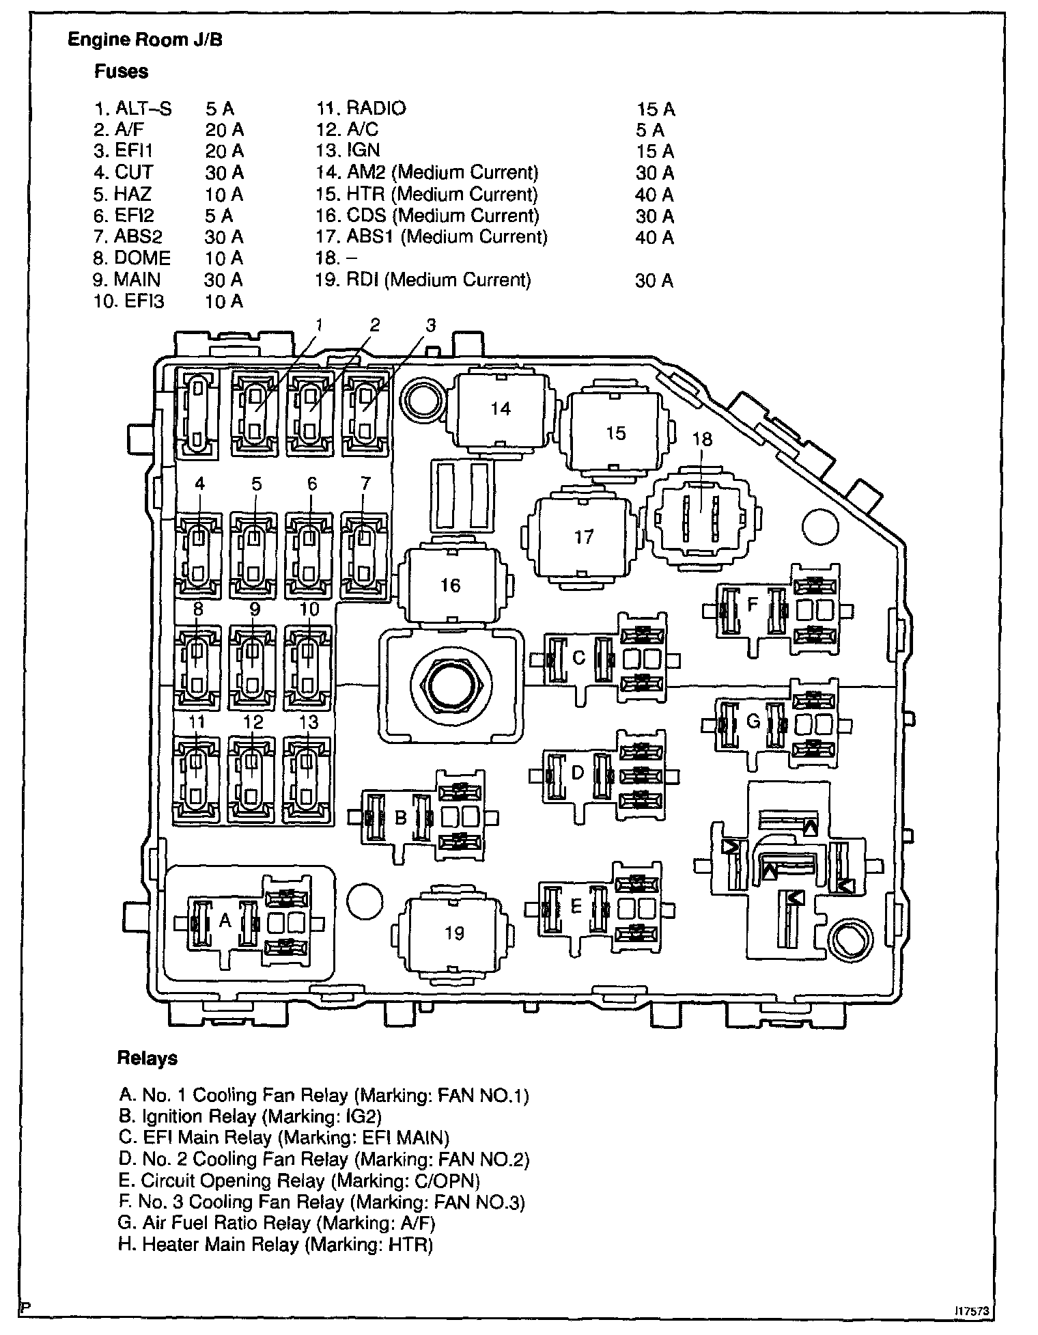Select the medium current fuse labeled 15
click(615, 433)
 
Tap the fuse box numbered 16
click(450, 586)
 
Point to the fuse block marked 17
click(584, 537)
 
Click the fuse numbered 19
click(454, 933)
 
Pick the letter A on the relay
click(225, 921)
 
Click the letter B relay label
click(401, 817)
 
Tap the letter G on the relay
click(753, 721)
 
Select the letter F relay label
click(753, 604)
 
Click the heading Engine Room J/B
click(145, 40)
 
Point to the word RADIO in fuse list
click(376, 108)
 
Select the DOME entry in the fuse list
click(142, 258)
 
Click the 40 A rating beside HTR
click(654, 195)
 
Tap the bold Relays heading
click(147, 1058)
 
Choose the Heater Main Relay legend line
click(276, 1245)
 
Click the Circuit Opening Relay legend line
click(300, 1181)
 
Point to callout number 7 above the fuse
click(365, 484)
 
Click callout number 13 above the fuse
click(309, 722)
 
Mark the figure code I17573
click(972, 1310)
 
